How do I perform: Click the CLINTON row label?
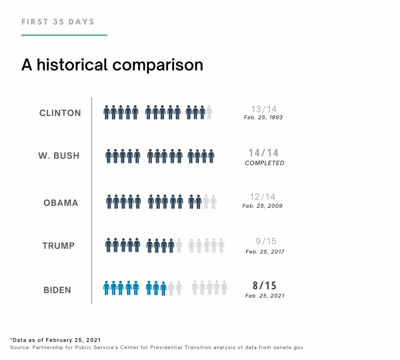[x=60, y=113]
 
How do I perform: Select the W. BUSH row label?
[x=59, y=156]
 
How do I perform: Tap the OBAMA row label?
[x=61, y=203]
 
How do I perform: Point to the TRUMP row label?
[x=59, y=246]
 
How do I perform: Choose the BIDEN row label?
[x=57, y=290]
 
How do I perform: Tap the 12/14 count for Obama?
[x=263, y=197]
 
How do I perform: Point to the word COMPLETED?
[x=264, y=163]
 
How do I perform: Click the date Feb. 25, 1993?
[x=262, y=118]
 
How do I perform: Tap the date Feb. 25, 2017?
[x=265, y=252]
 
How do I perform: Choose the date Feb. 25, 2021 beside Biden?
[x=264, y=296]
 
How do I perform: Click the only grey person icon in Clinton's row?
[x=209, y=112]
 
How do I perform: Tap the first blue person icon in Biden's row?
[x=106, y=288]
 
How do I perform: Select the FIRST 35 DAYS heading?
[x=58, y=21]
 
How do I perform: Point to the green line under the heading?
[x=64, y=35]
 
